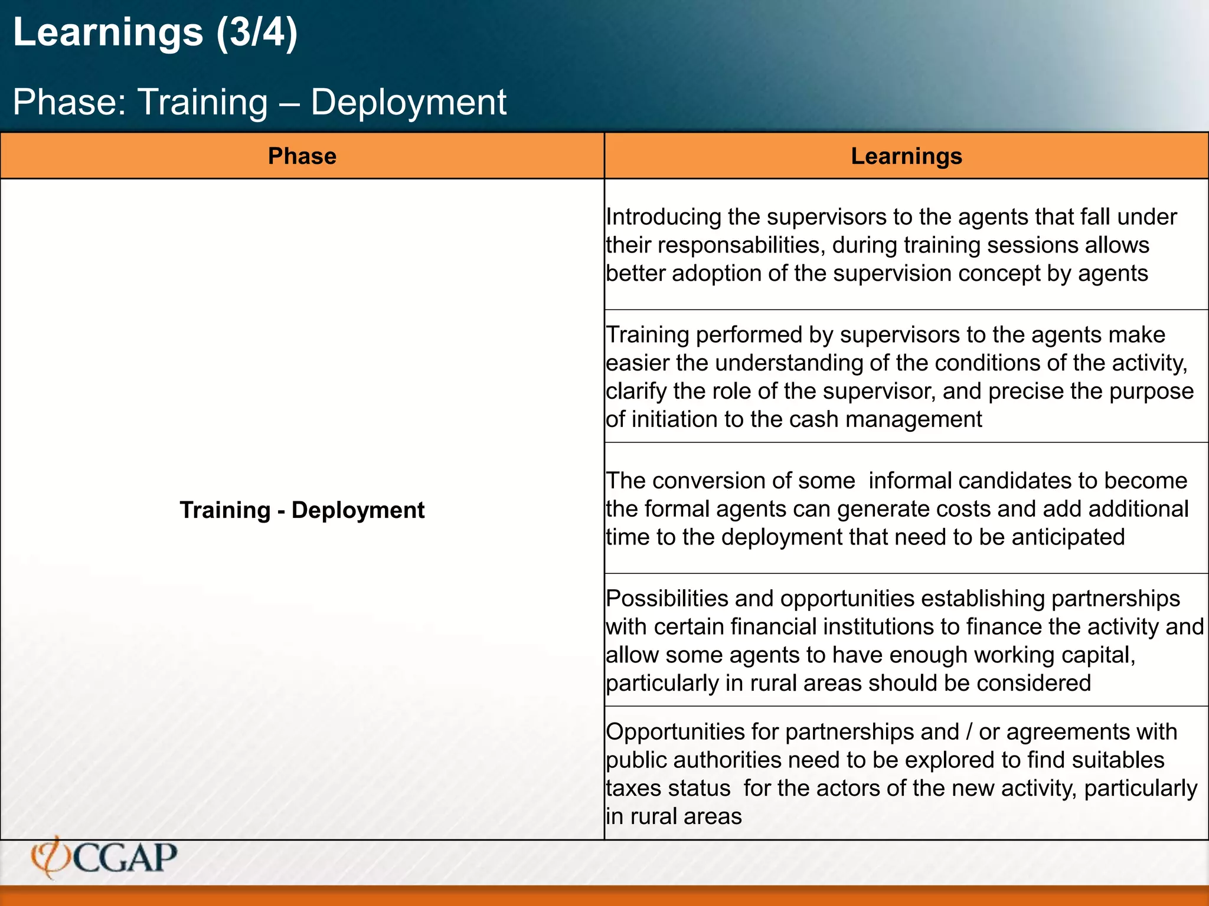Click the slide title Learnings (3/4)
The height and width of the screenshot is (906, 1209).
pyautogui.click(x=155, y=32)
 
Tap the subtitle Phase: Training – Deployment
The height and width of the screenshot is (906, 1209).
pyautogui.click(x=259, y=102)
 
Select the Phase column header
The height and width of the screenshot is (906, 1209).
pyautogui.click(x=302, y=156)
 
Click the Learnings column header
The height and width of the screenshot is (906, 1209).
pyautogui.click(x=906, y=156)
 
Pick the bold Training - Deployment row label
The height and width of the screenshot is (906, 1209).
pyautogui.click(x=302, y=510)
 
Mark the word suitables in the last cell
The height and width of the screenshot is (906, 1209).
pyautogui.click(x=1118, y=760)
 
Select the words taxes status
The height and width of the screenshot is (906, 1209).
pyautogui.click(x=668, y=789)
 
